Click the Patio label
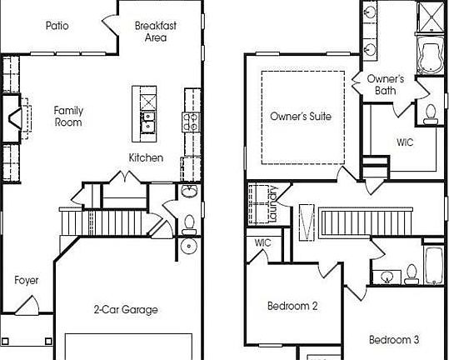point(57,26)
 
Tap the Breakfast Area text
point(156,31)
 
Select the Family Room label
point(68,116)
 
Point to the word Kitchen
point(146,158)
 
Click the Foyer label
point(27,280)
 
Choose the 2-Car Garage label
point(126,310)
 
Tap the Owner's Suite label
point(301,117)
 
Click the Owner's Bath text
point(386,85)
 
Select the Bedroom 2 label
point(292,306)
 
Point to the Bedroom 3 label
point(394,340)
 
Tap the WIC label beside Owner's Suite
point(404,142)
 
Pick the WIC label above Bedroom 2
point(263,243)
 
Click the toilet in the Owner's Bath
point(431,113)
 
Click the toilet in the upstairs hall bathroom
point(411,274)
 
